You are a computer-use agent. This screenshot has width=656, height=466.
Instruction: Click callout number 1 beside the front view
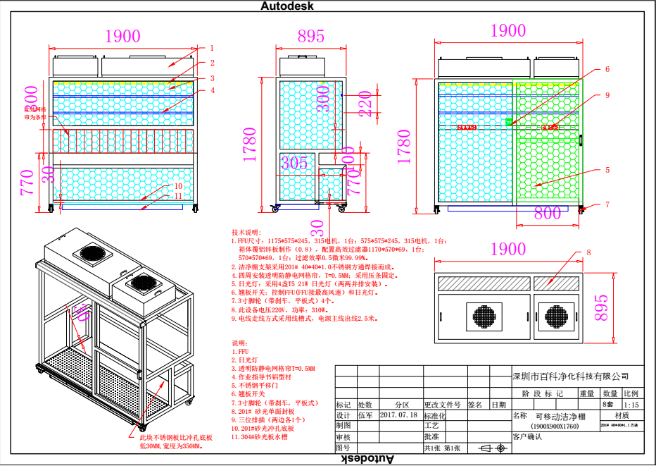click(x=211, y=48)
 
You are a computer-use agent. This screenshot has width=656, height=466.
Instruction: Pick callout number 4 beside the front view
click(x=211, y=90)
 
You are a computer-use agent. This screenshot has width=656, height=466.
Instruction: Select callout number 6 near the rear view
click(x=607, y=69)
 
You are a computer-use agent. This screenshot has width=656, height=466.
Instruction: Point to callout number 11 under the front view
click(x=179, y=196)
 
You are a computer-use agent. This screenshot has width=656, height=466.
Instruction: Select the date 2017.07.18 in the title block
click(x=398, y=415)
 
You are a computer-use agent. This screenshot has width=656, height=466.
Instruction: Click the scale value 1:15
click(x=631, y=405)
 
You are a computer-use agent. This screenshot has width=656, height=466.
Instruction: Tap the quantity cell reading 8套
click(x=608, y=405)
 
